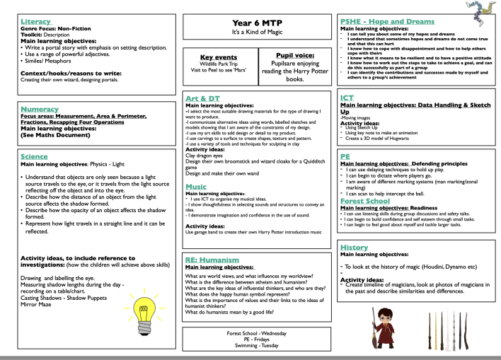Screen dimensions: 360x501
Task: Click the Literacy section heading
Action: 36,22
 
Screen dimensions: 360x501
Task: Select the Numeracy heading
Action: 39,110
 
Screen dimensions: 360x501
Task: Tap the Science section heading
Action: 35,156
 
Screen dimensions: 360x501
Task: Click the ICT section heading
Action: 347,98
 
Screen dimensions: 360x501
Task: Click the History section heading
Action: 354,248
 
